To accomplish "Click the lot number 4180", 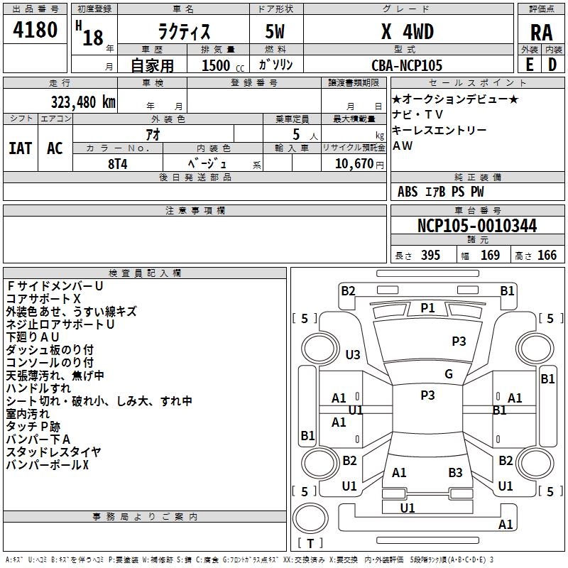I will pos(35,31).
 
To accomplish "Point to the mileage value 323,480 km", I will pos(83,102).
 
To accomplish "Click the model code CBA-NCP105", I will pos(407,65).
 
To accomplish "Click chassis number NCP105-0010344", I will pos(477,226).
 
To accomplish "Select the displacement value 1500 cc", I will pos(216,65).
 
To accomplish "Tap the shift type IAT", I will pos(20,148).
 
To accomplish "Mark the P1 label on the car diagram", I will pos(427,307).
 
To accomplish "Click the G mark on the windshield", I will pos(449,374).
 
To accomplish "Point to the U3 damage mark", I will pos(353,354).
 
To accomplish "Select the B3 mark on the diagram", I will pos(455,472).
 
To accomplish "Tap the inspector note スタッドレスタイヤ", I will pos(53,452).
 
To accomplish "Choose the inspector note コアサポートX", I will pos(43,299).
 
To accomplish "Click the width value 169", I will pos(490,255).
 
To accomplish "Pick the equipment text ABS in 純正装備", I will pos(408,192).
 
